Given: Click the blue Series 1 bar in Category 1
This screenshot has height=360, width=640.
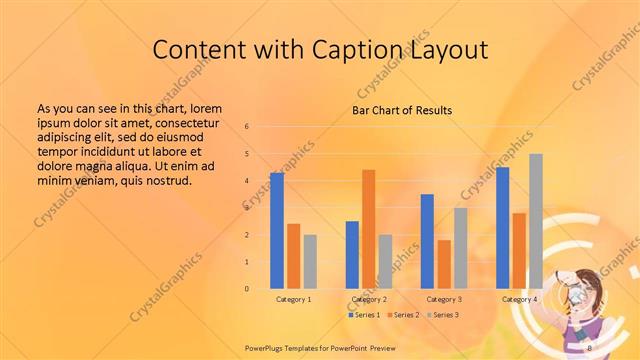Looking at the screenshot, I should [277, 231].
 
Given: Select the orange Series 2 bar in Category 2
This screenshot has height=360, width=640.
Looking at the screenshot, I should [368, 229].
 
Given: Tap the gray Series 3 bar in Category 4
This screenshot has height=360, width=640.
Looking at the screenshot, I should [536, 221].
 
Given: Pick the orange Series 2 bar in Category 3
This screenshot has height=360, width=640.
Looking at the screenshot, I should [444, 264].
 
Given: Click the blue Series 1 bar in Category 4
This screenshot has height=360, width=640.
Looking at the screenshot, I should [502, 228].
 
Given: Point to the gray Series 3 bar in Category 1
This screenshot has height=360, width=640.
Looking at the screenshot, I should [310, 262].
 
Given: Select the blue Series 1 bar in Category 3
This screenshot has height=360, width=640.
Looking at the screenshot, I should [427, 241].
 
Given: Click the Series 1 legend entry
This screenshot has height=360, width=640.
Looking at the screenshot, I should [365, 315].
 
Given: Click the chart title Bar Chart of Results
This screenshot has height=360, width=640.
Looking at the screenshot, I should [402, 110].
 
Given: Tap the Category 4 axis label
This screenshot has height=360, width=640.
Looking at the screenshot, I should [519, 299].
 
